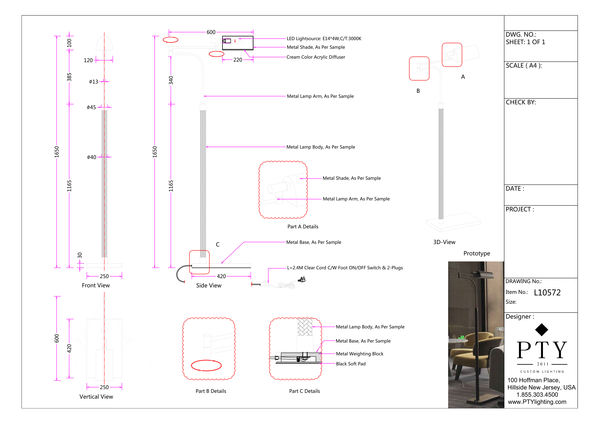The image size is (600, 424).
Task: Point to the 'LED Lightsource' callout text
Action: [x=324, y=39]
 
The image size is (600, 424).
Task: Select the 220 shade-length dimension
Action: [x=238, y=60]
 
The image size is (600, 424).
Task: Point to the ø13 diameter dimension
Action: [x=94, y=82]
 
